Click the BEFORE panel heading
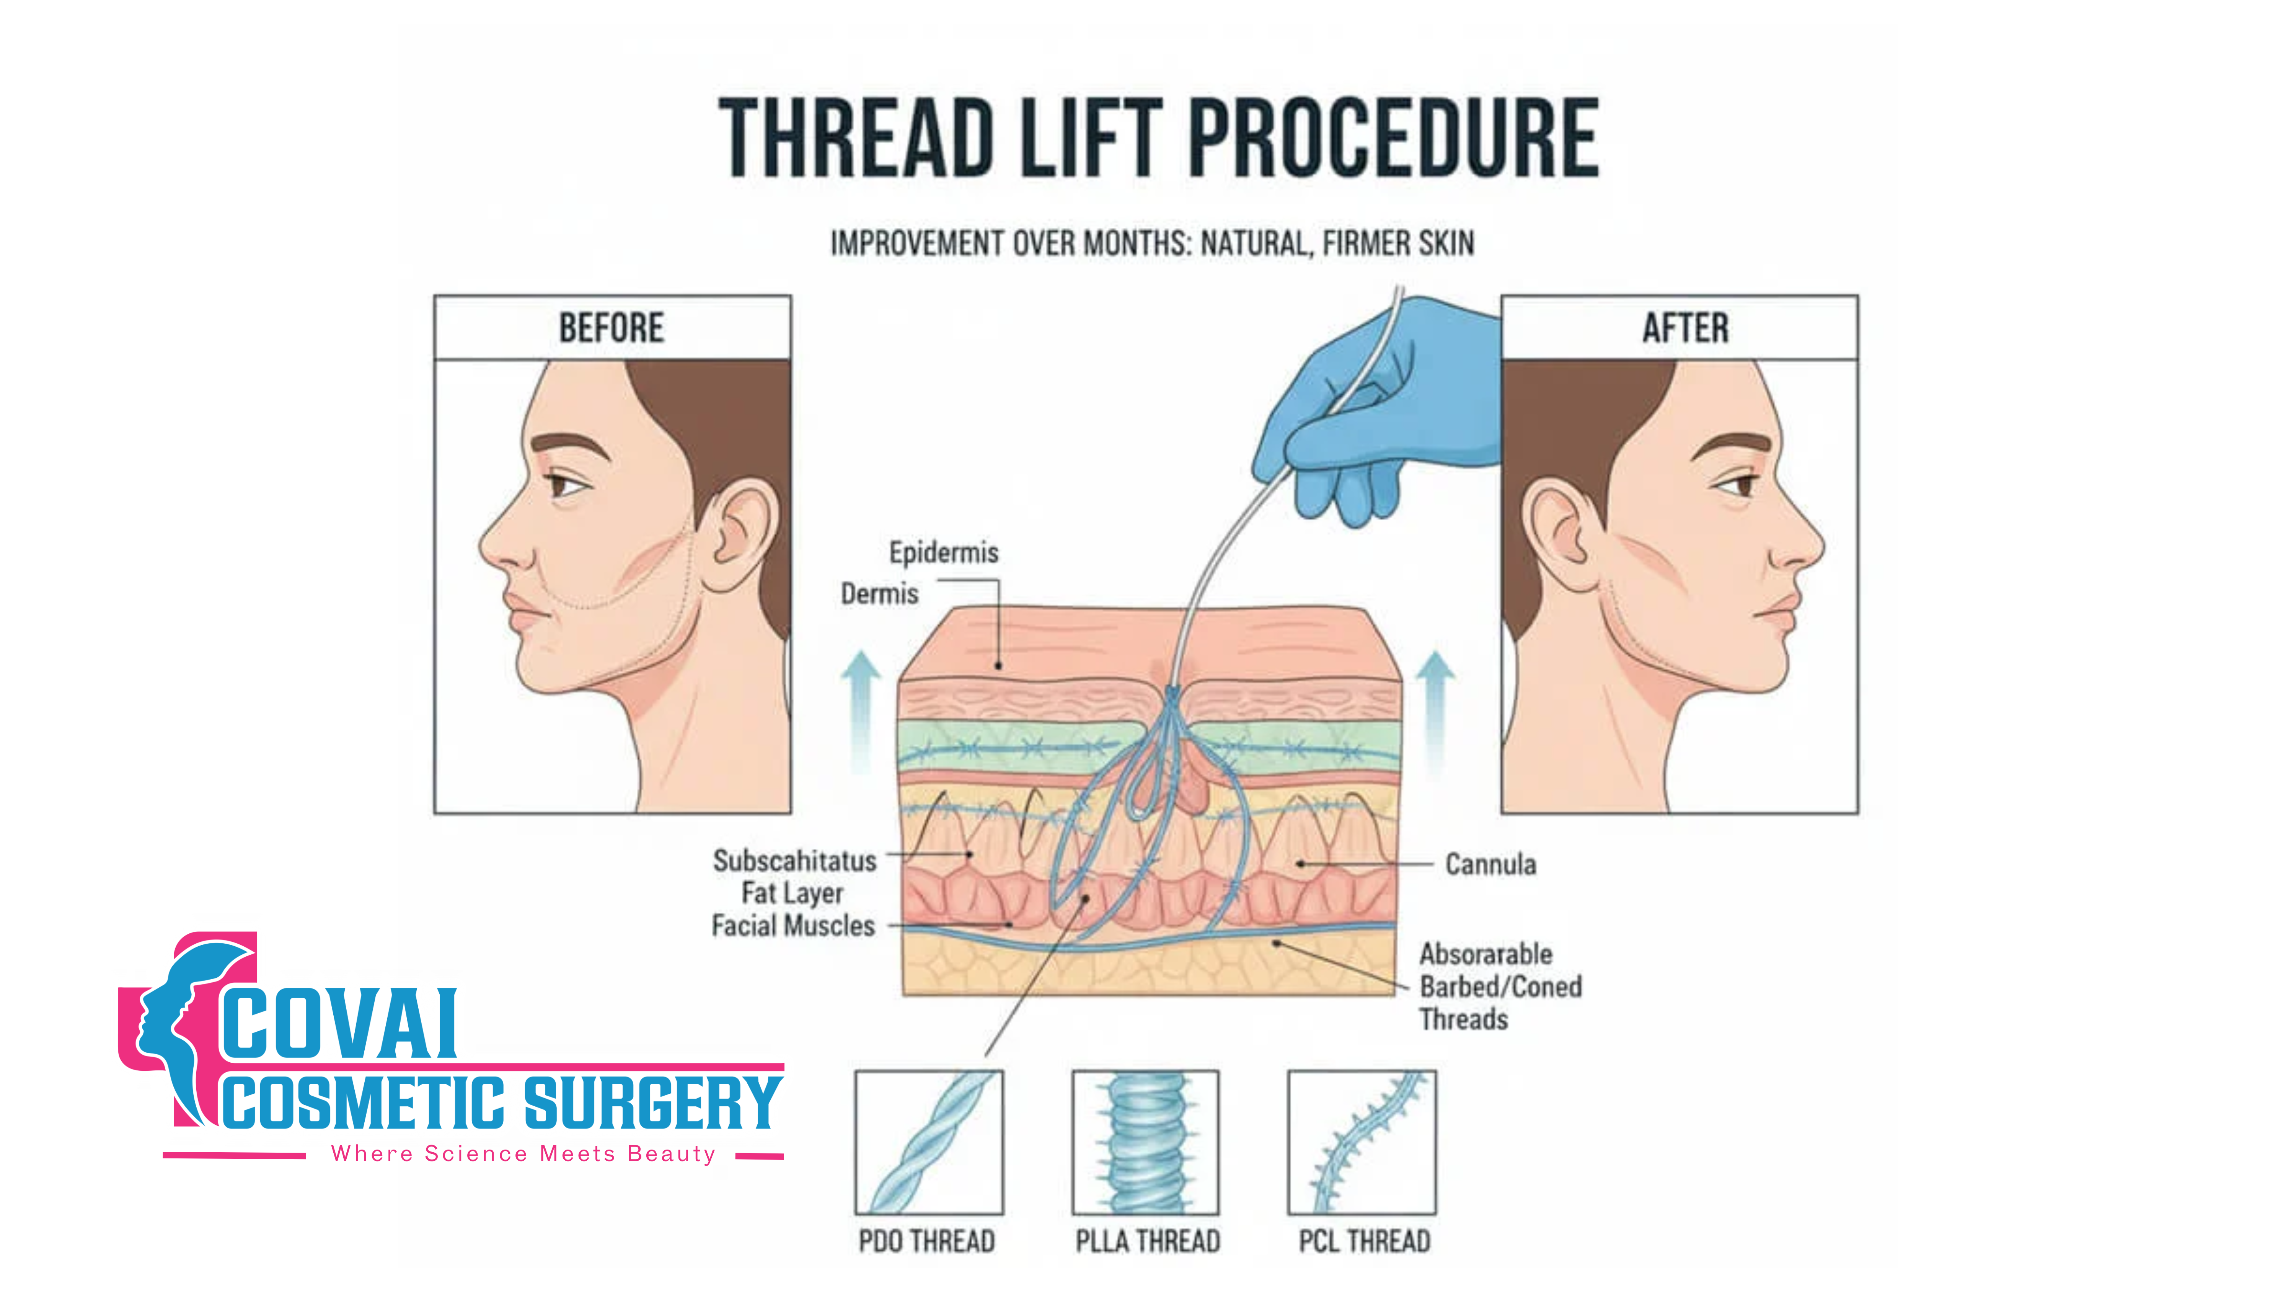(x=612, y=328)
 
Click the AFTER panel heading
(x=1684, y=328)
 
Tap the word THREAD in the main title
(x=856, y=138)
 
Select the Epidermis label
(x=943, y=553)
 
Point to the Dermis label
(x=879, y=594)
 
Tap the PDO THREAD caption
(x=927, y=1241)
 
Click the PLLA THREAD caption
(x=1147, y=1241)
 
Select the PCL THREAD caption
(x=1364, y=1241)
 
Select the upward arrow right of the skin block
(x=1435, y=713)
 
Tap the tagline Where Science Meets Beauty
(x=523, y=1154)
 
